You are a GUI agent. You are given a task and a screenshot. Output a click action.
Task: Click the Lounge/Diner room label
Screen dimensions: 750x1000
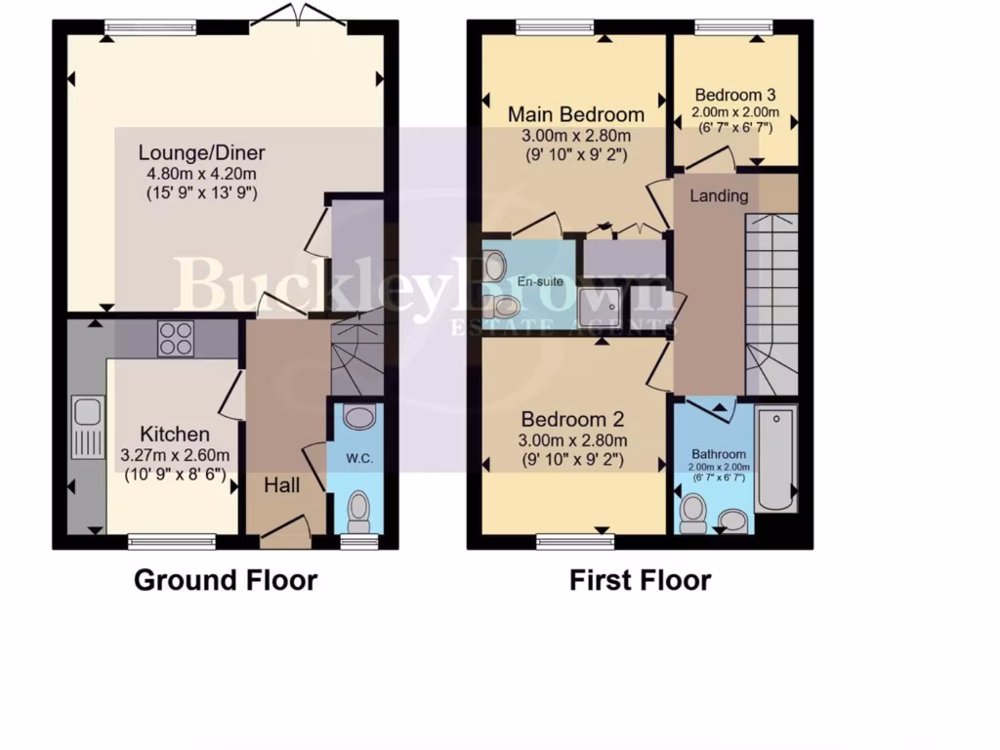[202, 152]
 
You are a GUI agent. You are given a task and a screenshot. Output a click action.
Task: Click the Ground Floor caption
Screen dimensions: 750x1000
[226, 580]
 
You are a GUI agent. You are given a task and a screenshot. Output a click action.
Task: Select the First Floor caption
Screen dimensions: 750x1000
[641, 580]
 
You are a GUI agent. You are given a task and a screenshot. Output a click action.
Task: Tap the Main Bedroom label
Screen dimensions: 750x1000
[576, 114]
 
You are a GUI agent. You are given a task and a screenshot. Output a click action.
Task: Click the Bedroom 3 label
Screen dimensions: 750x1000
[735, 96]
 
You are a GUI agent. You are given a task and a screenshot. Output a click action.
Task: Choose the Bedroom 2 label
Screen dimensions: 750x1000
[572, 420]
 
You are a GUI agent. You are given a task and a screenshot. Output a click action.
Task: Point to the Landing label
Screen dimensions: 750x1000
[720, 195]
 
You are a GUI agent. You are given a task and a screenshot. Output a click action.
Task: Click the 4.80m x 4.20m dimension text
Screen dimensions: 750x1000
[202, 174]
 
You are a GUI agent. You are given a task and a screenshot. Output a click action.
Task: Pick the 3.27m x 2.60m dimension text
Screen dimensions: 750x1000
[175, 455]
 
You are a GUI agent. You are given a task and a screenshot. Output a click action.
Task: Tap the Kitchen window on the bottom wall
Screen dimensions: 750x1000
[172, 538]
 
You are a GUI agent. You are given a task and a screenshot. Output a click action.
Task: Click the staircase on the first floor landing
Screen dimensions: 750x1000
[771, 303]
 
